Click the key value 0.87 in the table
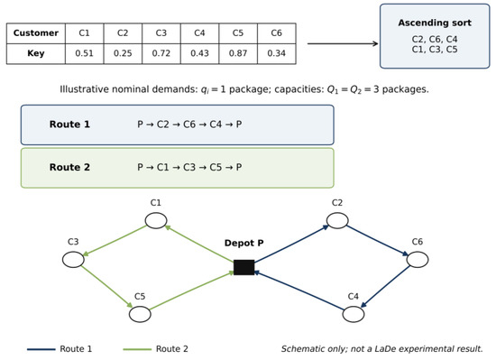point(238,53)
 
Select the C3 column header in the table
point(161,32)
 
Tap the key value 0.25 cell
point(123,53)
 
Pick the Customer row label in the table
point(36,32)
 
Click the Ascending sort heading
point(435,23)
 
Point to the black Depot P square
point(243,267)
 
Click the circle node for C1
point(156,220)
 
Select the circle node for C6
point(418,260)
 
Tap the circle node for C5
point(140,314)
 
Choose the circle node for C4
point(354,314)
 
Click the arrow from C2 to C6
point(377,240)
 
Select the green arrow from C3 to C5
point(107,287)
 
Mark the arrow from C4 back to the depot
point(299,291)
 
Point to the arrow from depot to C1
point(199,244)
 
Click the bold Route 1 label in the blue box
point(69,125)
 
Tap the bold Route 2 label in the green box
point(69,167)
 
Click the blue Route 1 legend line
point(41,349)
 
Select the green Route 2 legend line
point(137,349)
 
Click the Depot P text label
point(243,243)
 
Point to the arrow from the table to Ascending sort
point(343,43)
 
